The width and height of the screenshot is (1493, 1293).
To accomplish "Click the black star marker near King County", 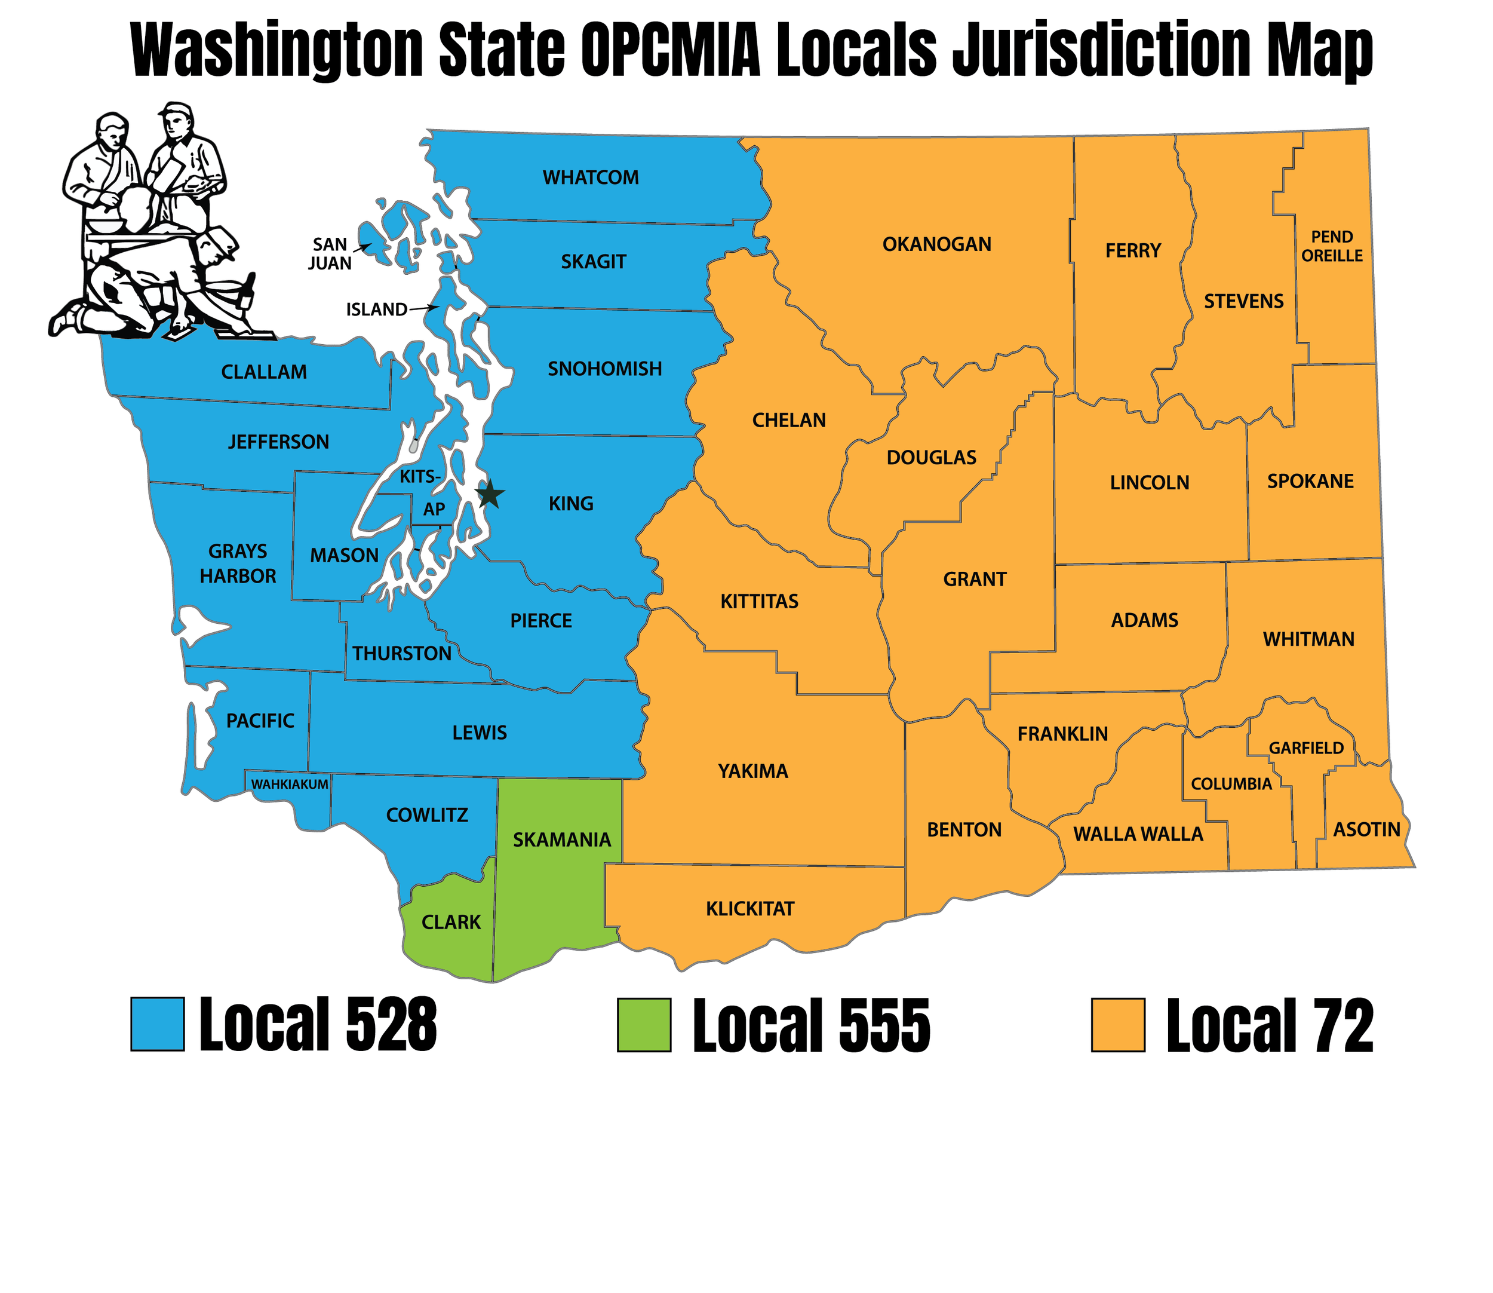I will pyautogui.click(x=490, y=495).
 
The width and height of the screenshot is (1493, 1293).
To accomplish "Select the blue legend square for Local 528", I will pyautogui.click(x=157, y=1024).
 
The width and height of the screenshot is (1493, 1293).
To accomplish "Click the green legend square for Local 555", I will pyautogui.click(x=644, y=1025).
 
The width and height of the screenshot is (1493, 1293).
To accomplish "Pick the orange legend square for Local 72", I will pyautogui.click(x=1117, y=1025).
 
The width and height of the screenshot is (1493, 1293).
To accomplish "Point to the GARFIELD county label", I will pyautogui.click(x=1306, y=748).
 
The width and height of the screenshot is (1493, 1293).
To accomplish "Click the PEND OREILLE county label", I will pyautogui.click(x=1331, y=246).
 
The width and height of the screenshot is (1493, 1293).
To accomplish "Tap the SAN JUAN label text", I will pyautogui.click(x=330, y=254).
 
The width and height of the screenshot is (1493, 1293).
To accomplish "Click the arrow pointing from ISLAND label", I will pyautogui.click(x=424, y=308).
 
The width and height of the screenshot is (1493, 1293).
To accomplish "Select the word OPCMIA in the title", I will pyautogui.click(x=671, y=51).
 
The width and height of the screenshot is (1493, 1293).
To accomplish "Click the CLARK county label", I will pyautogui.click(x=451, y=922).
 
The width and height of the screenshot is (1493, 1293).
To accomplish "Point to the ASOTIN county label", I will pyautogui.click(x=1366, y=830).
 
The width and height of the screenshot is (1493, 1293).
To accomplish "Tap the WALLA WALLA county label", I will pyautogui.click(x=1138, y=834).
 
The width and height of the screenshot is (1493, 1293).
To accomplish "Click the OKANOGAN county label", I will pyautogui.click(x=937, y=244).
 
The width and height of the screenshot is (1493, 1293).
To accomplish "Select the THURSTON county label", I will pyautogui.click(x=402, y=654).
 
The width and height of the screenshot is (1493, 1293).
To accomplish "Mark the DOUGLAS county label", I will pyautogui.click(x=931, y=458).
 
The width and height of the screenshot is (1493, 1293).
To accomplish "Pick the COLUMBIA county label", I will pyautogui.click(x=1231, y=785).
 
